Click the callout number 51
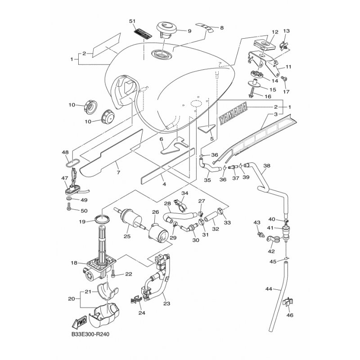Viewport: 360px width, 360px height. point(132,22)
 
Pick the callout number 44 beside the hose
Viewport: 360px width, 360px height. point(268,289)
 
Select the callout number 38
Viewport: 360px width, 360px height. point(267,166)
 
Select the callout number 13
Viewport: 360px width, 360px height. point(286,31)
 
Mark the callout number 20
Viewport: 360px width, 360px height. point(71,298)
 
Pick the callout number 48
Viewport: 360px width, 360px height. point(66,152)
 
